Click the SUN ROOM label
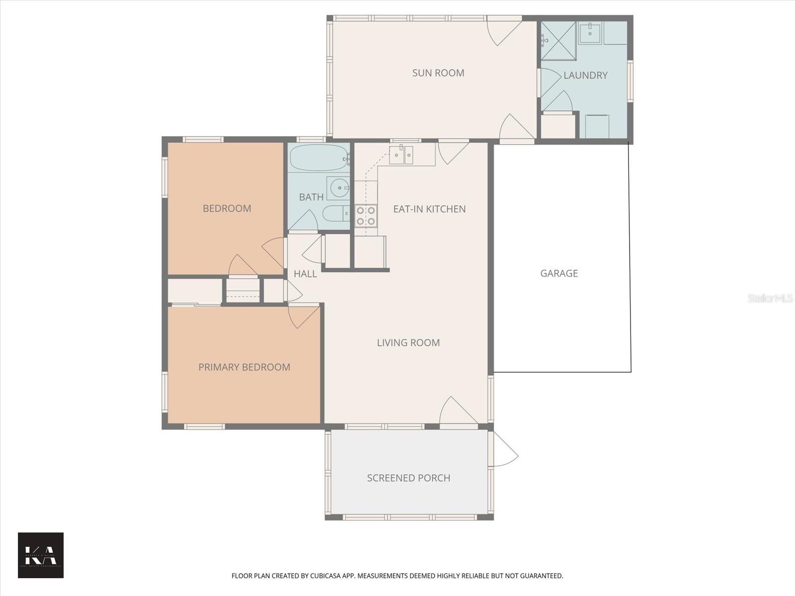point(438,73)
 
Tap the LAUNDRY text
point(585,75)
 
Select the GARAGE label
point(559,273)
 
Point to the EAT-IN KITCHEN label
point(429,209)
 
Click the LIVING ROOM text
point(408,343)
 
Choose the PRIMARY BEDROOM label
point(244,368)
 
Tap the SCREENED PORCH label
point(408,478)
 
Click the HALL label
point(305,274)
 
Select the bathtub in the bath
point(318,158)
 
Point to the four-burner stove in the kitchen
point(366,216)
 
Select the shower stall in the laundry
point(558,40)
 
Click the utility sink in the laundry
point(590,33)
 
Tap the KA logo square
point(41,555)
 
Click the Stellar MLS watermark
point(770,298)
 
